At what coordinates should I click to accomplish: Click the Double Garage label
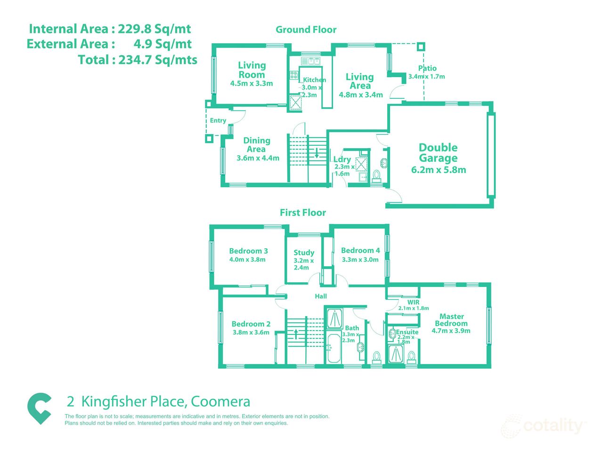click(x=438, y=153)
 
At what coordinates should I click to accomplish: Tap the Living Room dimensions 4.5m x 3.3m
click(x=252, y=84)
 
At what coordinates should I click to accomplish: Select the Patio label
click(x=427, y=68)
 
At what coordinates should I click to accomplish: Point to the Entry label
click(x=218, y=120)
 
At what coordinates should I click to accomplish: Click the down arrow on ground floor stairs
click(x=317, y=152)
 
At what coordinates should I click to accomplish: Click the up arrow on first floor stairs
click(x=296, y=334)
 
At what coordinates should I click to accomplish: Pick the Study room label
click(x=304, y=253)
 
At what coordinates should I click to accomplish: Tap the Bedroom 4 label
click(x=360, y=251)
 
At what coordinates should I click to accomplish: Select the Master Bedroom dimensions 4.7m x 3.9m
click(x=451, y=331)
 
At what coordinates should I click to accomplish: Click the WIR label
click(x=413, y=302)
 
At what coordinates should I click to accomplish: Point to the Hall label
click(x=321, y=296)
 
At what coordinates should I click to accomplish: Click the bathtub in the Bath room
click(x=334, y=349)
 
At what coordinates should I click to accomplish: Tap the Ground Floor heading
click(x=306, y=30)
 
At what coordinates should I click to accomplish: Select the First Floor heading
click(x=303, y=213)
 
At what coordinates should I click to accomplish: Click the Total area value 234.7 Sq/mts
click(x=138, y=60)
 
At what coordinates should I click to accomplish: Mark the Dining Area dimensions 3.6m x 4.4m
click(x=258, y=158)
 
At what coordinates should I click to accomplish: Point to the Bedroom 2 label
click(x=251, y=324)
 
